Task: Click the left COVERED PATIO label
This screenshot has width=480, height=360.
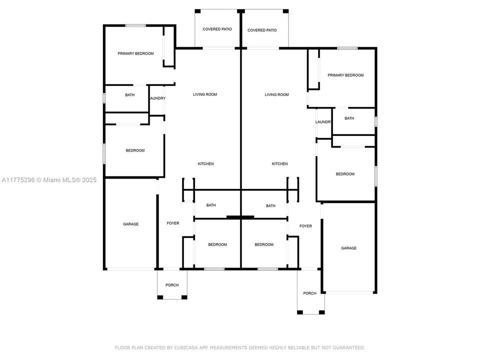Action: coord(217,29)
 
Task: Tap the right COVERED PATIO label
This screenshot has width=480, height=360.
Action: coord(262,30)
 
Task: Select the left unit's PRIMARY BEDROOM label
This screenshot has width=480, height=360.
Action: coord(135,53)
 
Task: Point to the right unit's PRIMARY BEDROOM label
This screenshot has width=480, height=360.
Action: coord(345,75)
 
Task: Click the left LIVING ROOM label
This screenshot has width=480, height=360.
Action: coord(205,94)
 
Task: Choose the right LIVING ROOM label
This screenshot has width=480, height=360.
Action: coord(277,94)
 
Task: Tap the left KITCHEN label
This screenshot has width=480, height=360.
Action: coord(205,164)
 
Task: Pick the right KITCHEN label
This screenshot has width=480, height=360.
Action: coord(279,164)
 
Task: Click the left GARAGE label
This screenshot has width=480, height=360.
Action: coord(130,224)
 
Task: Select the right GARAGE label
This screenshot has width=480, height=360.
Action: coord(348,248)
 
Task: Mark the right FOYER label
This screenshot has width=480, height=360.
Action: coord(305,226)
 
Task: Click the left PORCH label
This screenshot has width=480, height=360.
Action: coord(172,285)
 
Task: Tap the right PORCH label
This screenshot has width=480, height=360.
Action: coord(309,293)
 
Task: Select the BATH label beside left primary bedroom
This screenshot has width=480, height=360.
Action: coord(129,95)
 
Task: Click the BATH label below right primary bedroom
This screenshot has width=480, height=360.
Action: coord(349,118)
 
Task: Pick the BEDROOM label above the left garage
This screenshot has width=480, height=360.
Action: coord(135,150)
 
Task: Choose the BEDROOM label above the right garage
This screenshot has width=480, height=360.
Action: coord(345,174)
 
